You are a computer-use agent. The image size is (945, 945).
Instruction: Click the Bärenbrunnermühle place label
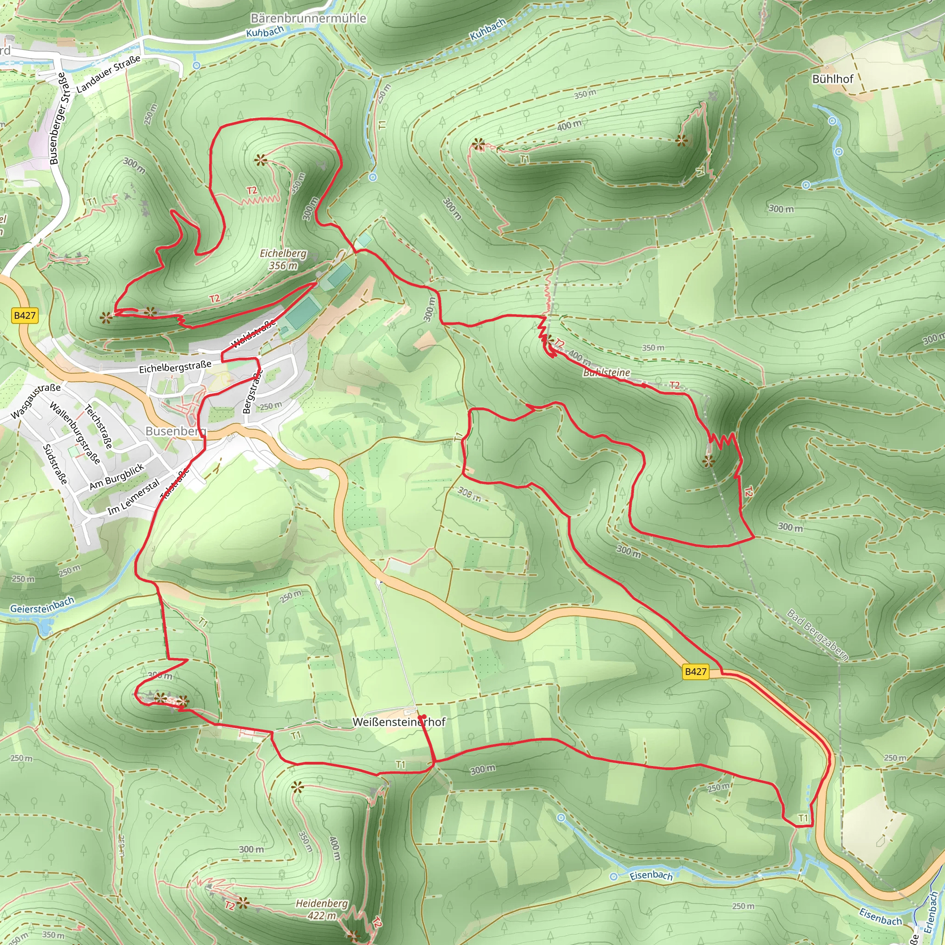308,18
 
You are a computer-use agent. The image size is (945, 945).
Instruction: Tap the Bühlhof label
832,79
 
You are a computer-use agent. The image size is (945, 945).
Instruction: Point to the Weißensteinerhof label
399,722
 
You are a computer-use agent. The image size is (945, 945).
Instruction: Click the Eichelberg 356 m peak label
283,259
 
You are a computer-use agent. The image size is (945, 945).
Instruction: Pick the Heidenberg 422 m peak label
322,909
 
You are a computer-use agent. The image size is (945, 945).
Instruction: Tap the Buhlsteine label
606,373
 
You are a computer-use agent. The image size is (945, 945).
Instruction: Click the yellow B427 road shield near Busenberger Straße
25,316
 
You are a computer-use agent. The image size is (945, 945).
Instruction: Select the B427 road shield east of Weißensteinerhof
695,671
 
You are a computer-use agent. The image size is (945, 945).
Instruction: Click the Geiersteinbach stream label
42,605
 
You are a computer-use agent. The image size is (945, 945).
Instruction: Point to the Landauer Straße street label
108,74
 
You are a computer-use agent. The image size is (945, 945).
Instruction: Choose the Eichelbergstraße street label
175,367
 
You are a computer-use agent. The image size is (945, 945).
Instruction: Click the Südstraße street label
55,464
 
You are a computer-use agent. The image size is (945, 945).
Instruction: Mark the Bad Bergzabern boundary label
817,635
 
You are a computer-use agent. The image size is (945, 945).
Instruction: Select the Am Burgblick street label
117,476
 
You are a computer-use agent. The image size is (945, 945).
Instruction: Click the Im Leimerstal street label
133,496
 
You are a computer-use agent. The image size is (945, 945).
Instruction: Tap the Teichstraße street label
99,426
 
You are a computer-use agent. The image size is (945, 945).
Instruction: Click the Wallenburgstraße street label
75,433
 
